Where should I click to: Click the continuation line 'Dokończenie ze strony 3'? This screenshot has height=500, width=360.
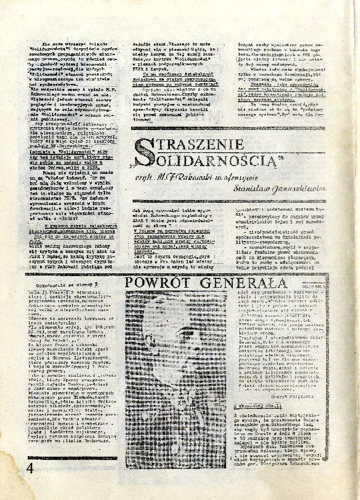[x=60, y=282]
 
